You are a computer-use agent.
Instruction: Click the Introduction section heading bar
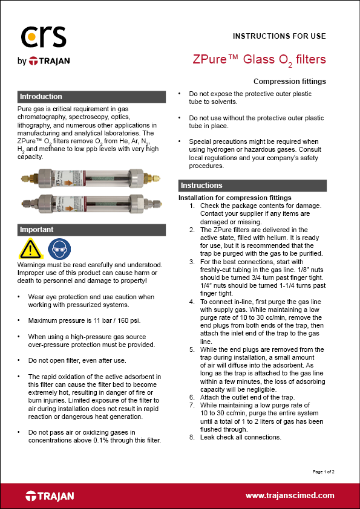pos(91,97)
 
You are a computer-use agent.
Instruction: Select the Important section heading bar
pos(91,230)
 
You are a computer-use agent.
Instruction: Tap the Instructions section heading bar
pos(252,186)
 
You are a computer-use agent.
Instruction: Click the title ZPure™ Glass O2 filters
pos(259,59)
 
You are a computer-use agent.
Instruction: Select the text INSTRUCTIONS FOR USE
pos(279,36)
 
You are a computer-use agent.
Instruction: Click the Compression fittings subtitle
pos(289,82)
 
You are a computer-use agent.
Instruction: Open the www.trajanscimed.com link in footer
pos(289,495)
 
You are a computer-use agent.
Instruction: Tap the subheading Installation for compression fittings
pos(235,198)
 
